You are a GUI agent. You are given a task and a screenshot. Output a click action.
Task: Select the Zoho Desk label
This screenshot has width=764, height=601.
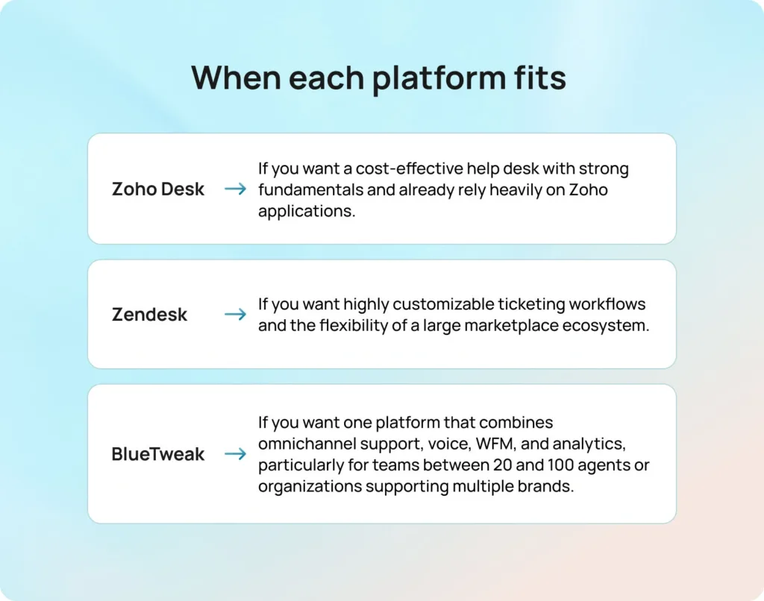[x=158, y=189]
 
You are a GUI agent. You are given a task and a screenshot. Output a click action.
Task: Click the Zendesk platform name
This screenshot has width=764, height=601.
[x=149, y=315]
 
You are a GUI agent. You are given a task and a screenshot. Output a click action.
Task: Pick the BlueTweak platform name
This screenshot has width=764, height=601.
[x=158, y=454]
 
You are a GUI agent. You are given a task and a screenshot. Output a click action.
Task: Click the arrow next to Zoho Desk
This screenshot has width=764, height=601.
[x=235, y=189]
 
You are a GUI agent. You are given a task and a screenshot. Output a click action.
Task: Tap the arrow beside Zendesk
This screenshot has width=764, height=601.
[x=235, y=314]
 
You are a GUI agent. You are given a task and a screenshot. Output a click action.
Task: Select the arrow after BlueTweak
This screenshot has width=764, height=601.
[x=235, y=454]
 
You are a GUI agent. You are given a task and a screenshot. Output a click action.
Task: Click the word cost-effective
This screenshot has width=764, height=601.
[x=410, y=168]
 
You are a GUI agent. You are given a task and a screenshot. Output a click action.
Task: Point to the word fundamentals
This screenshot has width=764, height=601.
[x=310, y=189]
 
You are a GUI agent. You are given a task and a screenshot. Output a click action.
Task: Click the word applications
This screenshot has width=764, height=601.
[x=307, y=212]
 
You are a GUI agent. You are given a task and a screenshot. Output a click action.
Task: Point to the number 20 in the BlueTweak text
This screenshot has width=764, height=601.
[x=502, y=465]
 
